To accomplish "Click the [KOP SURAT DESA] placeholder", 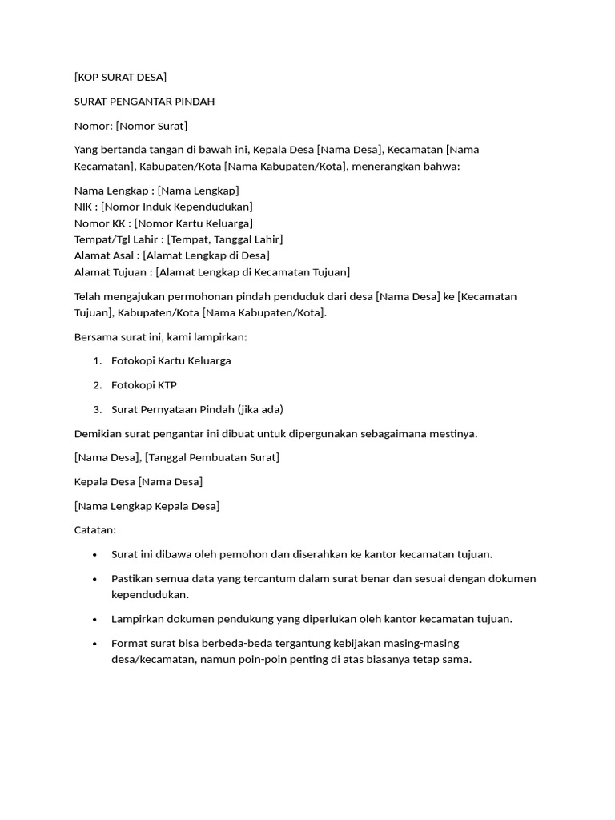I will [x=120, y=77].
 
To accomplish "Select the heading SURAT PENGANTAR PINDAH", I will [x=144, y=102].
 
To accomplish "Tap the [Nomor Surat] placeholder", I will [x=152, y=126].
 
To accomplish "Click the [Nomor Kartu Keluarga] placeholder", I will [x=194, y=223].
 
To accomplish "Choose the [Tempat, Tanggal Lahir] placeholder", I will [x=225, y=239].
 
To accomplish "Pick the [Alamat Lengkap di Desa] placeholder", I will [x=207, y=255].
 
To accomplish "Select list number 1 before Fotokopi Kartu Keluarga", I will [x=97, y=361].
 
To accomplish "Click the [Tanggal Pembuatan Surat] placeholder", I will [x=212, y=457].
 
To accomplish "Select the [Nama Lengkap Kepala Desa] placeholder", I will [x=147, y=506].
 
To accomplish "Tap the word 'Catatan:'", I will [x=95, y=530].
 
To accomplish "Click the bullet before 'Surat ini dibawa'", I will [x=95, y=554].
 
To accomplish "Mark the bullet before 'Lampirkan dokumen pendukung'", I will [x=95, y=619].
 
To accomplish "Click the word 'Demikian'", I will [x=98, y=433].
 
